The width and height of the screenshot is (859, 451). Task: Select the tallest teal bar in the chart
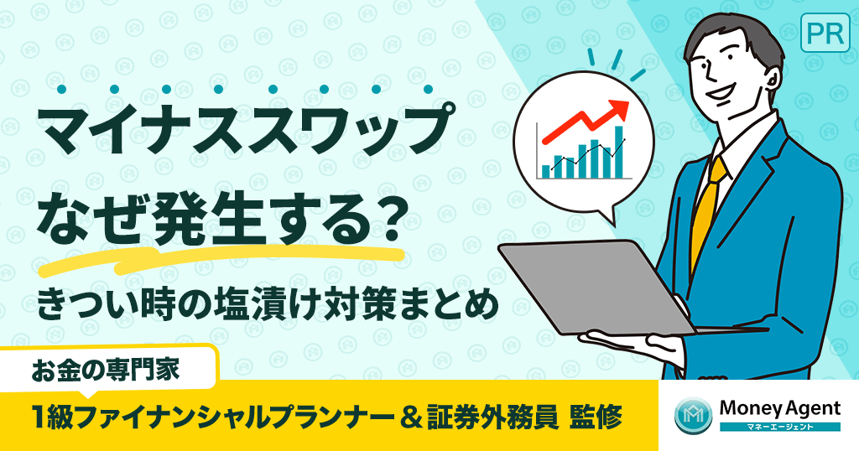click(x=619, y=151)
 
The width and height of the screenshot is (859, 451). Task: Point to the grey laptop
click(x=587, y=285)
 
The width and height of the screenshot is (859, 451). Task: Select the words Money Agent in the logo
click(x=779, y=408)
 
